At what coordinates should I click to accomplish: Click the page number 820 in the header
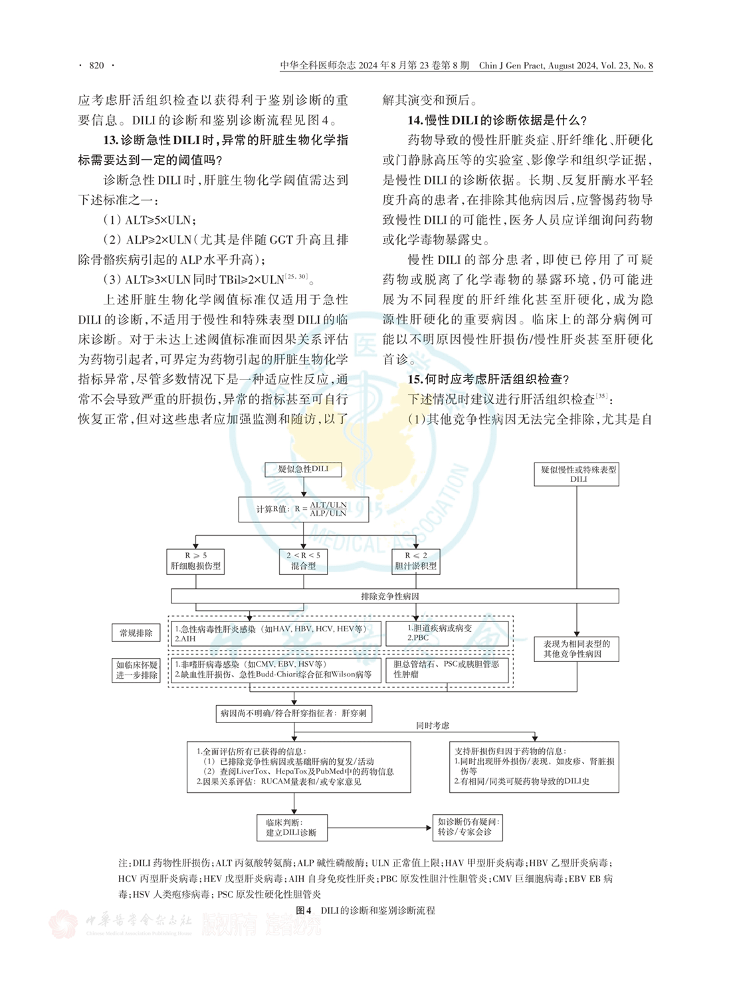[96, 65]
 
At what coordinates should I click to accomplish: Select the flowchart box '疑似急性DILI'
[303, 469]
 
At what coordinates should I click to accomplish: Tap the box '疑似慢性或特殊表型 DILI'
[576, 474]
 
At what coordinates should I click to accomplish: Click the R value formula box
[303, 509]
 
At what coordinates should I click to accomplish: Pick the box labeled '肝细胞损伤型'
[195, 561]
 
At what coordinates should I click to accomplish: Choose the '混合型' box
[304, 561]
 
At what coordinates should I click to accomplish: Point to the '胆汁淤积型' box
[416, 561]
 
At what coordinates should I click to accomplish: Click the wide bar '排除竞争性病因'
[395, 596]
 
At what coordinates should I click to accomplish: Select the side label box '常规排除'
[136, 633]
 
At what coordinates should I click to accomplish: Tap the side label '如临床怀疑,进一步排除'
[136, 670]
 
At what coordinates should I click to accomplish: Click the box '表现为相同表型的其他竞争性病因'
[576, 649]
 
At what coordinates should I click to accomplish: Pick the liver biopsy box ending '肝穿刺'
[294, 714]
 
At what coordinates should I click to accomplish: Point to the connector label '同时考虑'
[433, 725]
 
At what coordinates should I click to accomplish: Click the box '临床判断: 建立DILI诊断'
[292, 827]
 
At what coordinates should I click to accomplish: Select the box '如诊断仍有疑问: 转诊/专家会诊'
[467, 827]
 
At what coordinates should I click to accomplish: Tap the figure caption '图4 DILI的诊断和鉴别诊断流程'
[365, 911]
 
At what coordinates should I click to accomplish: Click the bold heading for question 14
[497, 120]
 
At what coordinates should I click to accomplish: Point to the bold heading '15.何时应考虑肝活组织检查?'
[488, 380]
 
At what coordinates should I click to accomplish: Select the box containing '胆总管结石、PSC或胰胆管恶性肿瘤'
[447, 669]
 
